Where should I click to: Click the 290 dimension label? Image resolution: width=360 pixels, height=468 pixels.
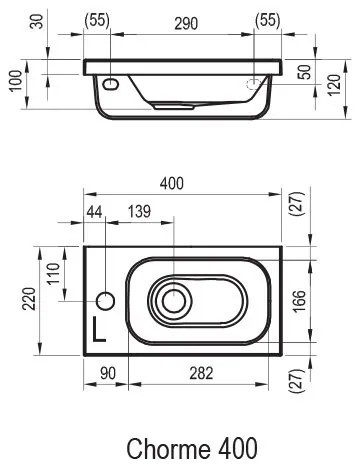pos(186,24)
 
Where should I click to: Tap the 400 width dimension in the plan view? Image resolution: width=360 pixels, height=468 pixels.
pos(172,183)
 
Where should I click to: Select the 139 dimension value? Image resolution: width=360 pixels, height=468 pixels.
pos(139,211)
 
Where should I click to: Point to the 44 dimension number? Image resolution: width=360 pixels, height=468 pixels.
pos(95,211)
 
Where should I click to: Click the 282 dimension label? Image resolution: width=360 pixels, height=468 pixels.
pos(201,373)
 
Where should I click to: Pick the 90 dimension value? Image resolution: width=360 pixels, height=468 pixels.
pos(108,373)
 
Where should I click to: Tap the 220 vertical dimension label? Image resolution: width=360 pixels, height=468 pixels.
pos(29,299)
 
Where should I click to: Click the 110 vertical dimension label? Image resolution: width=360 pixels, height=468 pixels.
pos(53,273)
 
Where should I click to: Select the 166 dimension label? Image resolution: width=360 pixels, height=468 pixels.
pos(300,300)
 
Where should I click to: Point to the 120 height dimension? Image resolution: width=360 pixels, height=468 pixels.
pos(334,84)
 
